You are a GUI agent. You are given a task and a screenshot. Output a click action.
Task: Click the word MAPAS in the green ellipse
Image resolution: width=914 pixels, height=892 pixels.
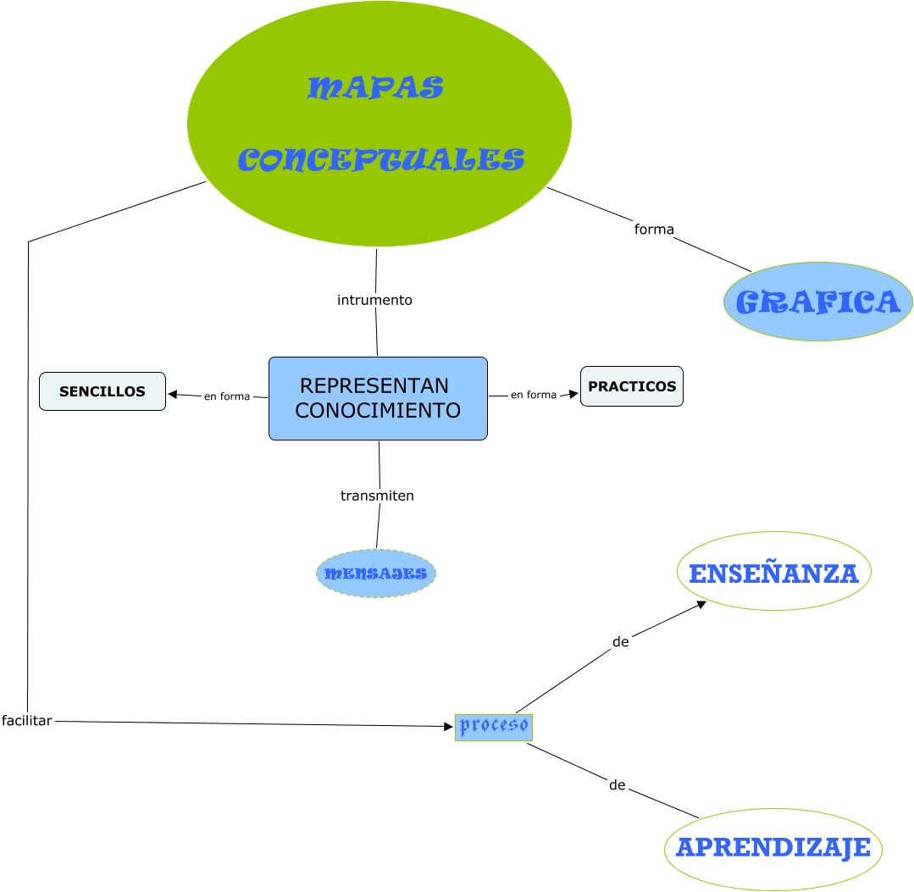pos(375,87)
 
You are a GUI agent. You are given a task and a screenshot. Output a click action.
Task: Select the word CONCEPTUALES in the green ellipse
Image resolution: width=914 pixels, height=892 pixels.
pos(380,159)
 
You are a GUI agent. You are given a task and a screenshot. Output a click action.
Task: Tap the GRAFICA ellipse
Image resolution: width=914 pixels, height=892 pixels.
pos(817,302)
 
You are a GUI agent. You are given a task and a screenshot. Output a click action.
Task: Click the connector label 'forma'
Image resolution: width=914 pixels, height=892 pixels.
pos(654,229)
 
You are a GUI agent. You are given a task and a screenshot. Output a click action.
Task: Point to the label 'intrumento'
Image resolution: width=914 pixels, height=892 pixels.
pos(374,300)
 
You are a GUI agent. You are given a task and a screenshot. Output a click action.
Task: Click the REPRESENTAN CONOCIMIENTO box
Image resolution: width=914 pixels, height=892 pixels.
pos(378,398)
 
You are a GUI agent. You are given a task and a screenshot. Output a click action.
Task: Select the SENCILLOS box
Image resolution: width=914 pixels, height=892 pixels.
pos(102,391)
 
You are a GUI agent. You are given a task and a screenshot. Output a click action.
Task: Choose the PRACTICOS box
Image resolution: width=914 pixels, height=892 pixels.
pos(632,386)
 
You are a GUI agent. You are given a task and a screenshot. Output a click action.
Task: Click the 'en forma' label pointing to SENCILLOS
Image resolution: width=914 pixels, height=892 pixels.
pos(226,396)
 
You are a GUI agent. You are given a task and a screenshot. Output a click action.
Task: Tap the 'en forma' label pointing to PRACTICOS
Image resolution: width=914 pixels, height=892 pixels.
pos(534,395)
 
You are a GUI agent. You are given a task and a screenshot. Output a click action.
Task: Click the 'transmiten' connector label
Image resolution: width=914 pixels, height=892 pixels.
pos(377,496)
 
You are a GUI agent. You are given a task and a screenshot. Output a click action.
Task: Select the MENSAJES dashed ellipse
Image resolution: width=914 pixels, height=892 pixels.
pos(376,573)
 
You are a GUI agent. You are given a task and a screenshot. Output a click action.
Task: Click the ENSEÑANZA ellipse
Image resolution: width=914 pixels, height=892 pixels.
pos(773,572)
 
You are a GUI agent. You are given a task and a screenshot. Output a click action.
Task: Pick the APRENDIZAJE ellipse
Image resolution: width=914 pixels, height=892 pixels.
pos(773,848)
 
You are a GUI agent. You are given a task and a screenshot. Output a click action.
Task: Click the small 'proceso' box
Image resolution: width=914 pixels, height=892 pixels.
pos(494,726)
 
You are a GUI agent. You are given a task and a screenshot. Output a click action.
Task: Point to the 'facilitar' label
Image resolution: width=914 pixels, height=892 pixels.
pos(27,721)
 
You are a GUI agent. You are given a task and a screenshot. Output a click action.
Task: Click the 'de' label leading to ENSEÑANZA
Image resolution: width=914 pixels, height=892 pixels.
pos(620,642)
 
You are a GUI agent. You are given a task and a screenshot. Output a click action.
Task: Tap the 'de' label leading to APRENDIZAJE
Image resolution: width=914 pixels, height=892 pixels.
pos(617,785)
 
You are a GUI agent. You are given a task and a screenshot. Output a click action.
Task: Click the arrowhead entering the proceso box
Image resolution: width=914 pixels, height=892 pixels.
pos(449,726)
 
